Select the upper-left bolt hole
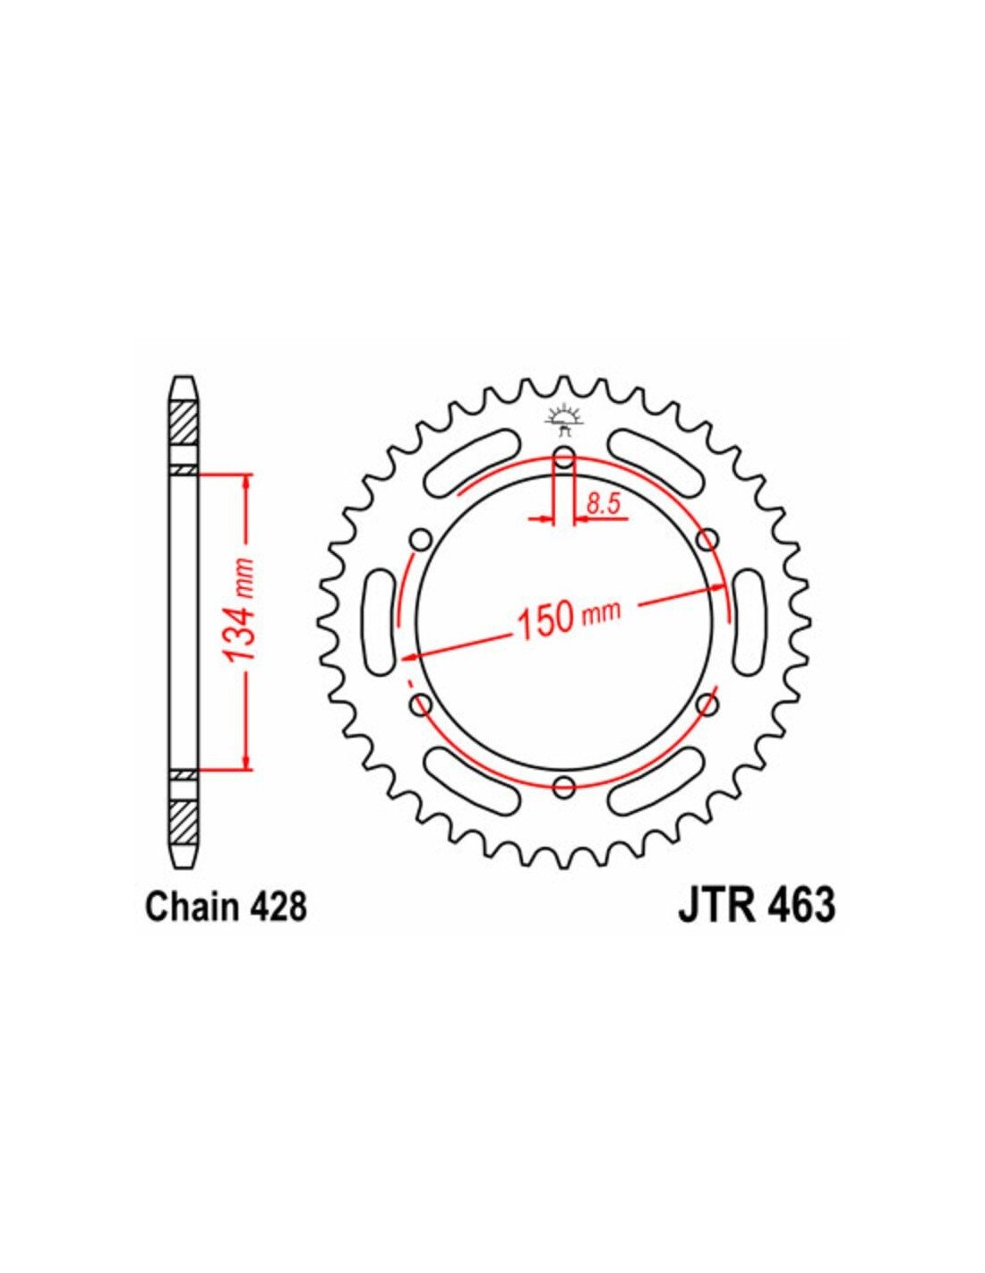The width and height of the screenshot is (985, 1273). pyautogui.click(x=421, y=540)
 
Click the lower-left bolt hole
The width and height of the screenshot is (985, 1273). pyautogui.click(x=421, y=705)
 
